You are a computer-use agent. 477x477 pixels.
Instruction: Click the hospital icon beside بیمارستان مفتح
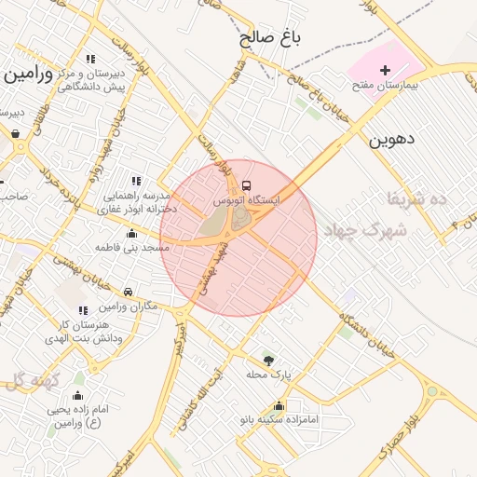[385, 70]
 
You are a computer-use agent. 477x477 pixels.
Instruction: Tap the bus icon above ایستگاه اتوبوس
[246, 185]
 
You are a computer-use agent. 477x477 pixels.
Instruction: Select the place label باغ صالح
[271, 38]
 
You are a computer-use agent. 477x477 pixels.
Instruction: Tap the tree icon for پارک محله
[268, 359]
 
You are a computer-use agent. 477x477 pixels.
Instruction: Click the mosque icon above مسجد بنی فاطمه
[131, 234]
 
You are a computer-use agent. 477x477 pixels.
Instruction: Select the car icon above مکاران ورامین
[127, 293]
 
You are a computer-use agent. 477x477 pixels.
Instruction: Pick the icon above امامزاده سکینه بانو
[279, 405]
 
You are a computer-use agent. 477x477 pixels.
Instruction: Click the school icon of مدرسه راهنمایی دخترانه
[136, 181]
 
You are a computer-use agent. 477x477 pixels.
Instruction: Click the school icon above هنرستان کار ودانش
[83, 310]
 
